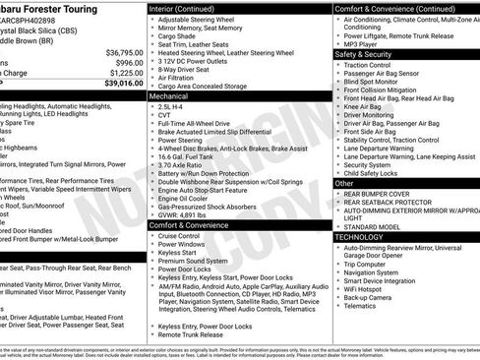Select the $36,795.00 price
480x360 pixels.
tap(119, 51)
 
